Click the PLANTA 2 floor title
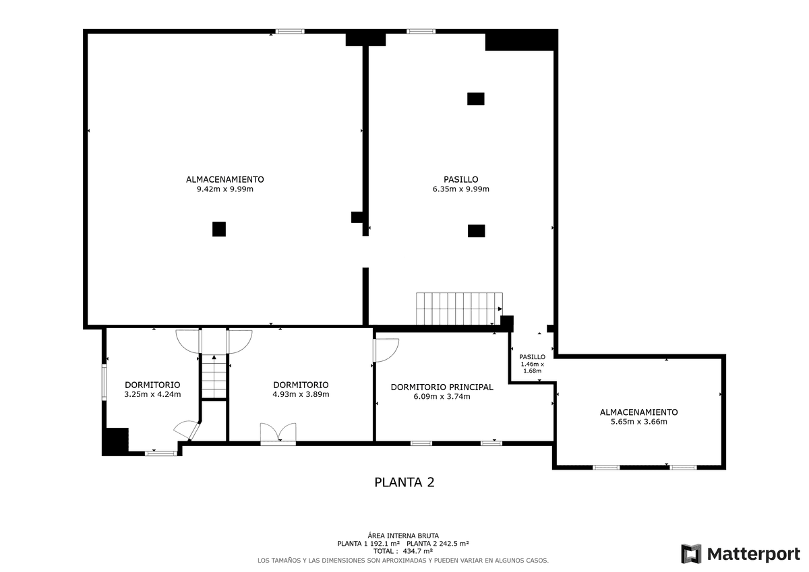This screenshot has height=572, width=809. click(404, 482)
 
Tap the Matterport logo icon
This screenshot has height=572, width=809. click(691, 554)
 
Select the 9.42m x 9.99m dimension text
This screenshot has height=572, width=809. click(224, 189)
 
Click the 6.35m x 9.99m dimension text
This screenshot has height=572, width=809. click(461, 189)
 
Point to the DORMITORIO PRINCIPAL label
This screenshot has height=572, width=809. click(442, 387)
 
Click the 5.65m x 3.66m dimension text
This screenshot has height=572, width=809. click(638, 422)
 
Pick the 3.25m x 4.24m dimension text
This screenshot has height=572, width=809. click(152, 394)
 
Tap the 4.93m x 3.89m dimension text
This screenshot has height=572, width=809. click(301, 394)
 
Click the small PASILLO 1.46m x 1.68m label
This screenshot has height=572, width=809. click(533, 364)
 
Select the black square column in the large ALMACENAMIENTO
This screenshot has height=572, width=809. click(219, 229)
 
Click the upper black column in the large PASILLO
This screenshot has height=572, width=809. click(476, 99)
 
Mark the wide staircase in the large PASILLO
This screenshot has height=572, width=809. click(459, 309)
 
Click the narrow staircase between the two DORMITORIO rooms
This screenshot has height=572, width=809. click(214, 377)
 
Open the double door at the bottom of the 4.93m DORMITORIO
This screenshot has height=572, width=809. click(278, 433)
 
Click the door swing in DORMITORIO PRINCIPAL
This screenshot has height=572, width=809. click(386, 350)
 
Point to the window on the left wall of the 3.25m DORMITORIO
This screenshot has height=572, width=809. click(104, 382)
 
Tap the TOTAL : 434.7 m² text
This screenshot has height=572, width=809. click(403, 551)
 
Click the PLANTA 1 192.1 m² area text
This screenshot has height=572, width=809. click(368, 544)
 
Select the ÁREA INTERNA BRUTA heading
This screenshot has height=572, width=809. click(403, 536)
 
